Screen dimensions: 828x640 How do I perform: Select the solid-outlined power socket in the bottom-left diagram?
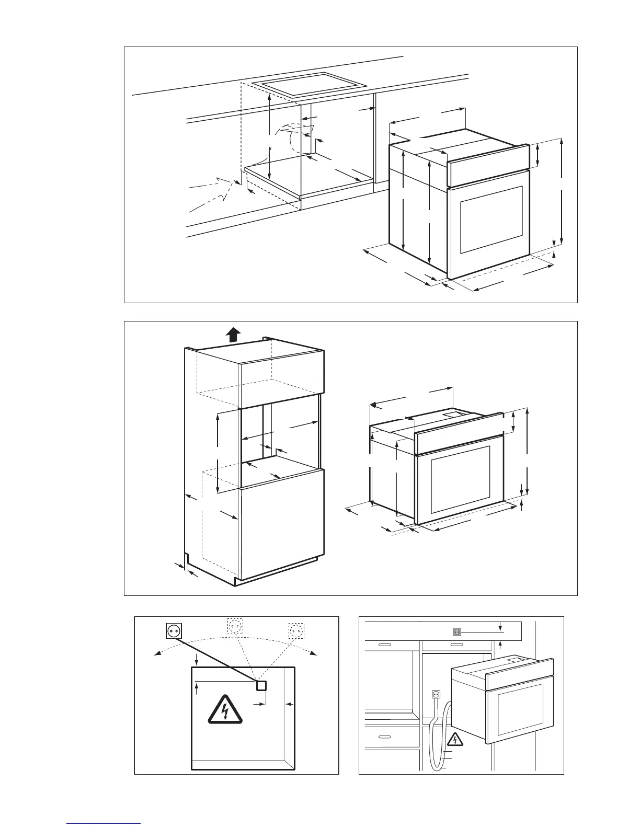[x=173, y=631]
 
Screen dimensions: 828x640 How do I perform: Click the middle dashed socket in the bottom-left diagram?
[x=235, y=626]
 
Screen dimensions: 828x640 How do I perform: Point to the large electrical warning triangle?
[x=225, y=710]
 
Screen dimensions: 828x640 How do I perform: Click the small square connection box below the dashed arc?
[x=261, y=686]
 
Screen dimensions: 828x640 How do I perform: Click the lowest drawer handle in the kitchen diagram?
[x=384, y=737]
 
